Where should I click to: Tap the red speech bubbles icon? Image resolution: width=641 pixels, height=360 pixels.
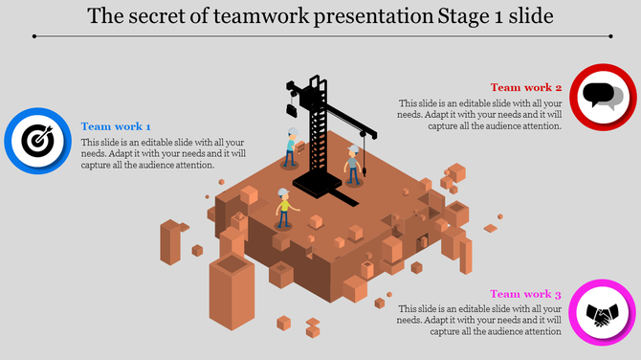[x=603, y=96]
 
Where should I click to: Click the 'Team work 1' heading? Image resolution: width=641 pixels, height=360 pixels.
[x=116, y=126]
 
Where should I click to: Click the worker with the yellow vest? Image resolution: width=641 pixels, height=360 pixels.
[x=283, y=207]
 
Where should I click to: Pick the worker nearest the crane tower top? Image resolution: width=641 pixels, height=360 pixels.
[x=292, y=146]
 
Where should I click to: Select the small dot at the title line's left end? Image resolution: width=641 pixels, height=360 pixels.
[x=34, y=35]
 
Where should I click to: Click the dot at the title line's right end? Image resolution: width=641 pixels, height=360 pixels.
[x=607, y=35]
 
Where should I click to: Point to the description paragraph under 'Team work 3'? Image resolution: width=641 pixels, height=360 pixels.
[x=479, y=321]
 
